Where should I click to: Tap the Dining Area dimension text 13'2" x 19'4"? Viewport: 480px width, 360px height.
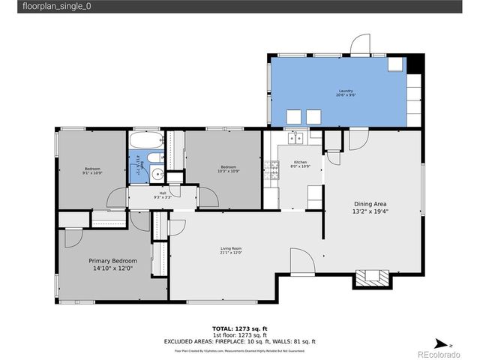(370, 211)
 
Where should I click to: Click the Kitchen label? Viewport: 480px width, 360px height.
(300, 163)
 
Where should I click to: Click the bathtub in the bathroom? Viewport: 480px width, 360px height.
(144, 140)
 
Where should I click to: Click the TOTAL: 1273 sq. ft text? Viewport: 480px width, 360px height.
(240, 329)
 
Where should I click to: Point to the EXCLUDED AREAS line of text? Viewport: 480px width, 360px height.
(240, 341)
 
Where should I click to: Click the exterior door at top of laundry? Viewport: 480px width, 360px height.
(361, 44)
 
